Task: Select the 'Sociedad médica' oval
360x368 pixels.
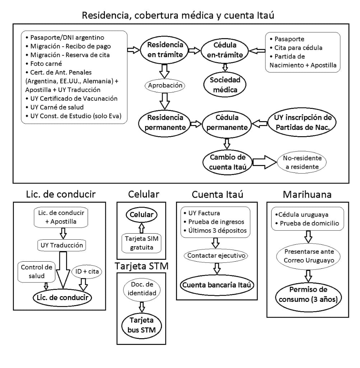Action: click(225, 84)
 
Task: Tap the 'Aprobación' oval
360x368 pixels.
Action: click(164, 86)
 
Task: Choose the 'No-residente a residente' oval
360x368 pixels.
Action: click(302, 163)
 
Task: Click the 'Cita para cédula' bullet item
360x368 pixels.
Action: click(298, 48)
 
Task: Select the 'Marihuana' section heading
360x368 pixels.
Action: click(307, 194)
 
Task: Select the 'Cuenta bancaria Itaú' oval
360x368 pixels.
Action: click(217, 285)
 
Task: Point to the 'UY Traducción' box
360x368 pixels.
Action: click(61, 246)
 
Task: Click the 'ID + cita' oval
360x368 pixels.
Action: click(87, 271)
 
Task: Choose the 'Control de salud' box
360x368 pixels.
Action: click(37, 272)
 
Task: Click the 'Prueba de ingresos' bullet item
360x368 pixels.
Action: click(215, 221)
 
